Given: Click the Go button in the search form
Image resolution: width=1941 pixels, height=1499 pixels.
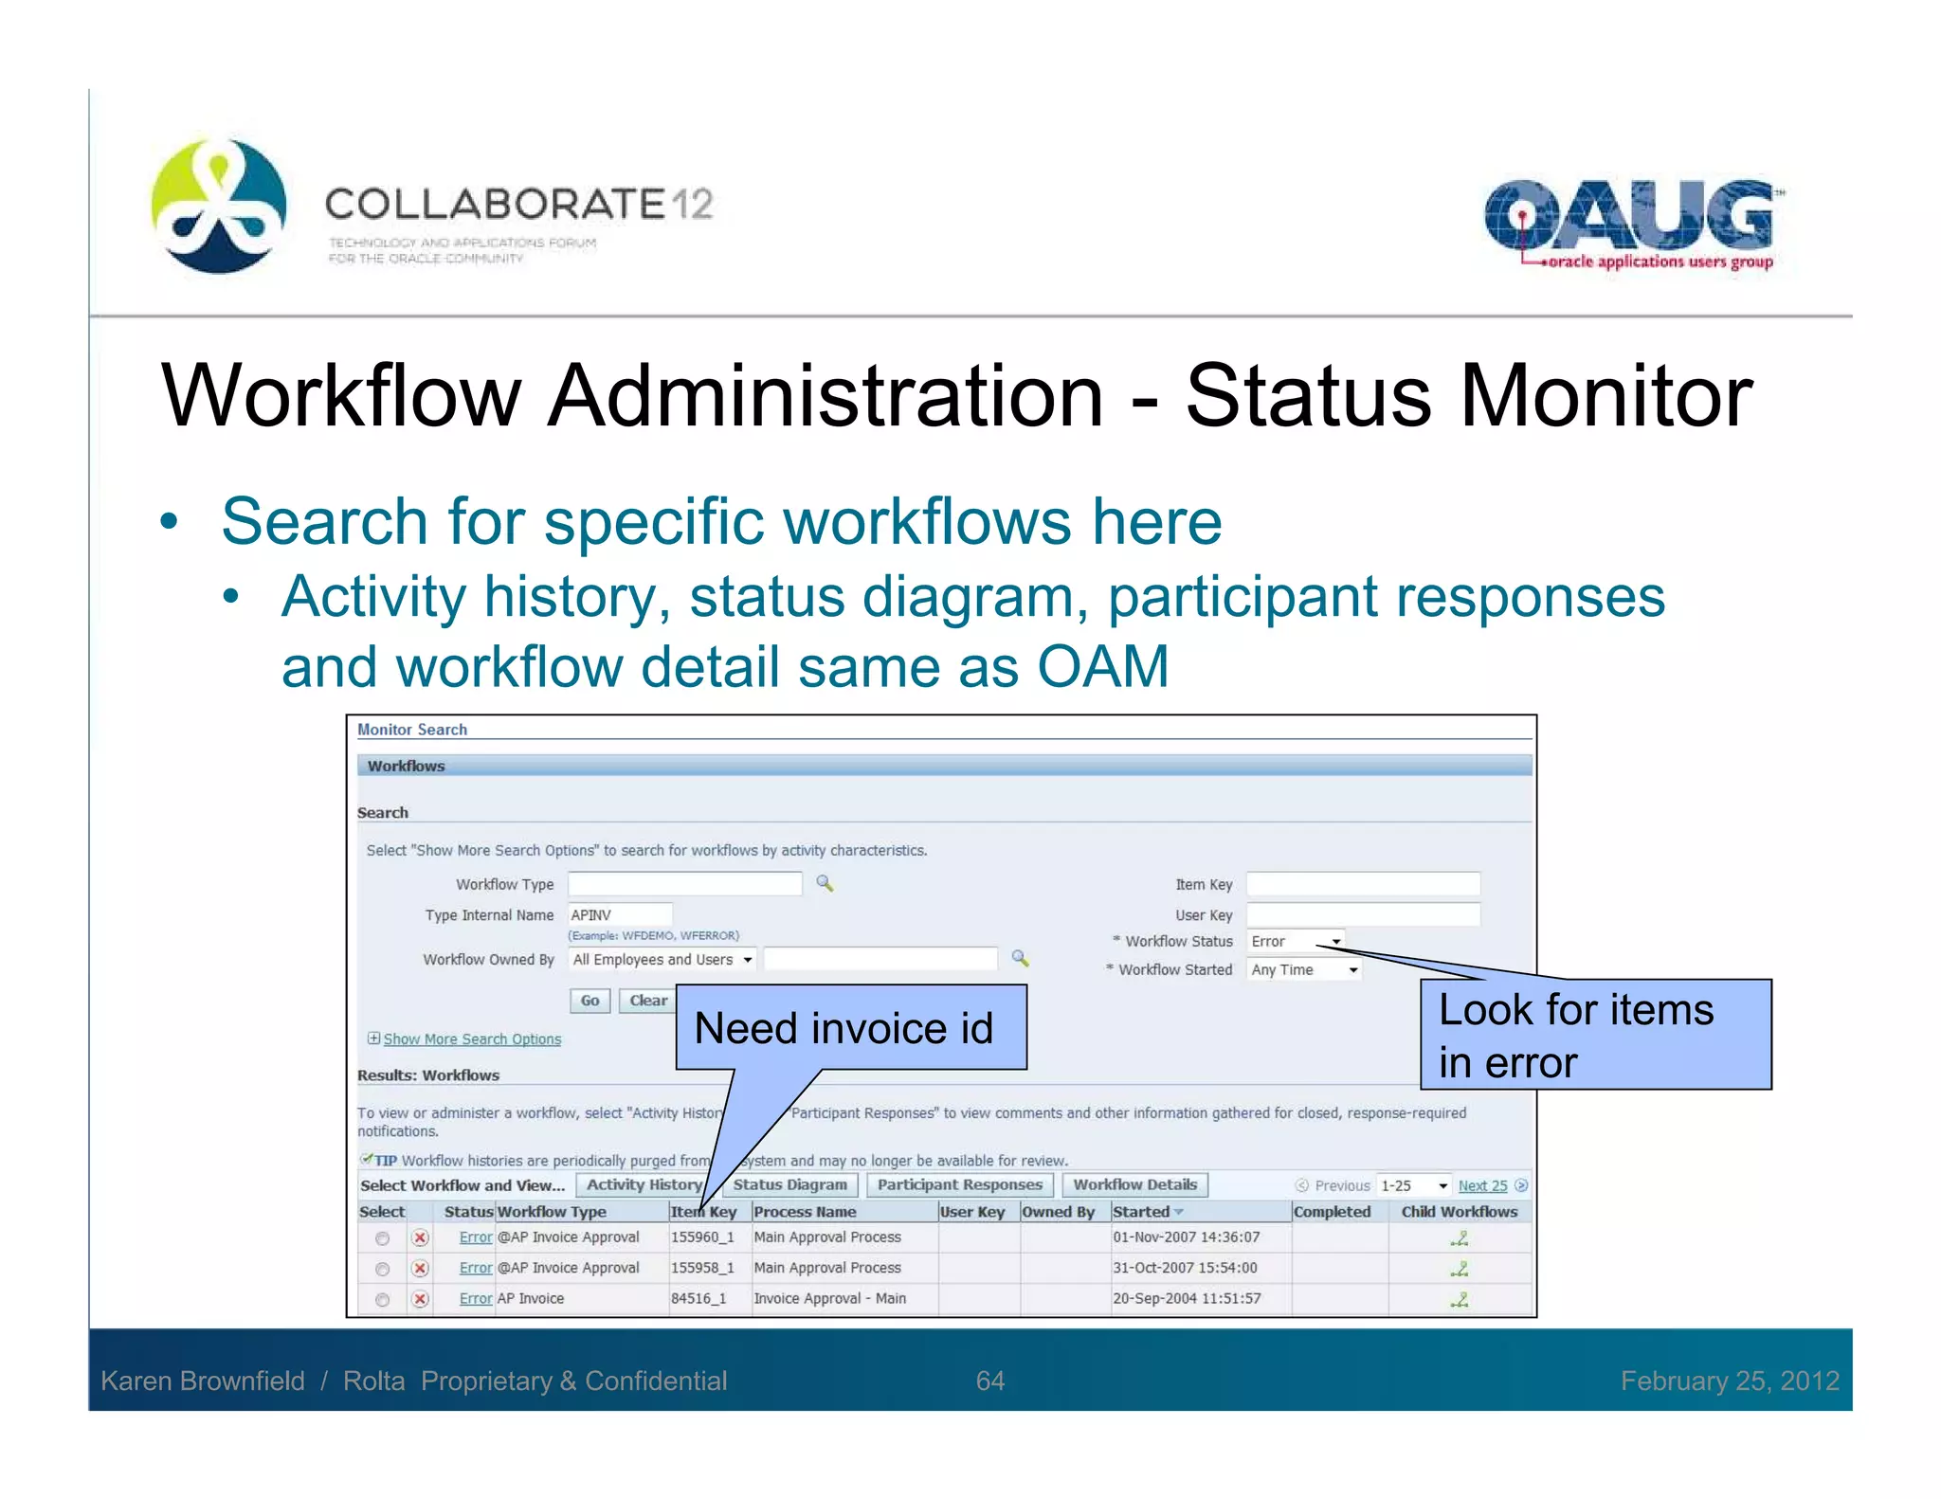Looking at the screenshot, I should [x=590, y=1001].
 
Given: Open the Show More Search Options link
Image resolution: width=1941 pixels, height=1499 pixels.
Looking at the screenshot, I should [x=472, y=1039].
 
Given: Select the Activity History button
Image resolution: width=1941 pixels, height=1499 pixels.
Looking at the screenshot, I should [x=644, y=1184].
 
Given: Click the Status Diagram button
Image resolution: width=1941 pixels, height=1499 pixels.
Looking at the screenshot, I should [x=789, y=1184].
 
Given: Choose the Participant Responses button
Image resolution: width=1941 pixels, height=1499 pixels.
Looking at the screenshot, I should [x=959, y=1184].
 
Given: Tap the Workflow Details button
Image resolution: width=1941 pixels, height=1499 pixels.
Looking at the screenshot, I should [x=1134, y=1184].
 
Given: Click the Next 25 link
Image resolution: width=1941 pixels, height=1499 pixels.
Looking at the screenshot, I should [x=1482, y=1185].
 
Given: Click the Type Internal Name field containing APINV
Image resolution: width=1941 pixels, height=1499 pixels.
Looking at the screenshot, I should [x=620, y=915].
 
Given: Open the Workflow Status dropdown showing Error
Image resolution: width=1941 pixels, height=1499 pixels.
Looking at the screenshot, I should [x=1296, y=941].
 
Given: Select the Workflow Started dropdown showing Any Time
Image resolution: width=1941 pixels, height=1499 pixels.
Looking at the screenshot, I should [x=1304, y=969].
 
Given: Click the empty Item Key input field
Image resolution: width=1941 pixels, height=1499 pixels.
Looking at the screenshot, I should [x=1363, y=884].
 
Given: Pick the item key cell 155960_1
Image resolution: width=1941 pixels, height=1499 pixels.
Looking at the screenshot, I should [x=702, y=1237].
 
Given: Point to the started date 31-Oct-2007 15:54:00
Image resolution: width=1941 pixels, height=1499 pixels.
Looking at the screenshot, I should [x=1185, y=1268].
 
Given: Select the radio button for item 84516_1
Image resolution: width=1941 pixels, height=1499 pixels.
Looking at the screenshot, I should [x=382, y=1299].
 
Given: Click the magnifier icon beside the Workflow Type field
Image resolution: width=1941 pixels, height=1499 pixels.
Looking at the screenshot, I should [x=825, y=883].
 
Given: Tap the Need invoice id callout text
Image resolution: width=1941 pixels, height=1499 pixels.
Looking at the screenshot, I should [x=844, y=1028].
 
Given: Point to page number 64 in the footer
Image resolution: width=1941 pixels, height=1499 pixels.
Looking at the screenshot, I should [x=989, y=1381].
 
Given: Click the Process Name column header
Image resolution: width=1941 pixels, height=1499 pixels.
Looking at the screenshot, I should [x=805, y=1212].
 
